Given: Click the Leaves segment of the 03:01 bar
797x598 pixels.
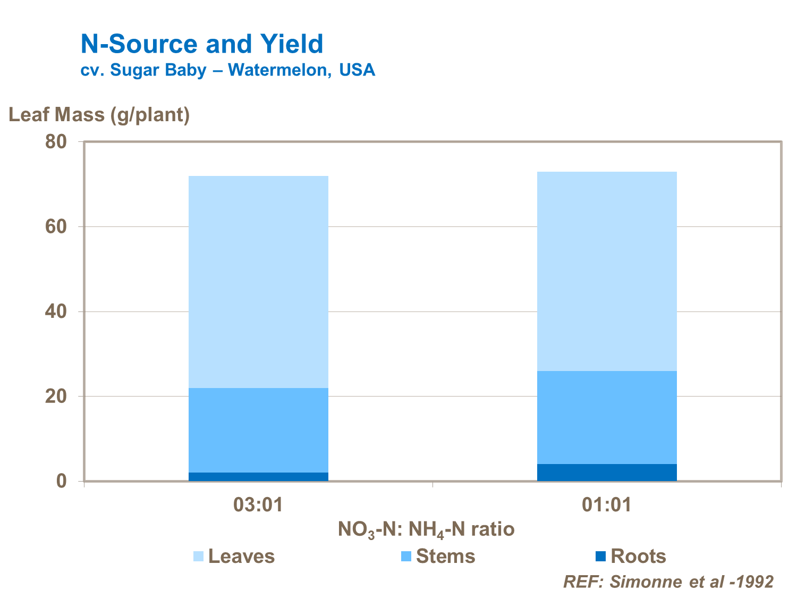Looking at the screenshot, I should tap(258, 282).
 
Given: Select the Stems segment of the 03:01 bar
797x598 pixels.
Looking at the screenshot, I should tap(258, 430).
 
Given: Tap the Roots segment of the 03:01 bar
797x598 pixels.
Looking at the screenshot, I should tap(258, 477).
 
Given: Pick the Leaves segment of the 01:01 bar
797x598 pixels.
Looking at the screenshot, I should tap(607, 271).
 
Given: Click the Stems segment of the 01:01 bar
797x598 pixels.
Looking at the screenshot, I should tap(607, 417).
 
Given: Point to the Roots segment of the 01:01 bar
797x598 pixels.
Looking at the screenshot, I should tap(607, 473).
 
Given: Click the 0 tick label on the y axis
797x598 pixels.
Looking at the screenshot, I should tap(62, 481).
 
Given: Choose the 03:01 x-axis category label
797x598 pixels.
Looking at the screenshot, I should tap(258, 504).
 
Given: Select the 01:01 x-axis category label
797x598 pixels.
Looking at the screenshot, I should tap(607, 504).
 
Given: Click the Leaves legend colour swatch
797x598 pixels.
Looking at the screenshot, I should tap(198, 557).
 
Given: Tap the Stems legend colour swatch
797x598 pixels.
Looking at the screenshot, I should tap(406, 557).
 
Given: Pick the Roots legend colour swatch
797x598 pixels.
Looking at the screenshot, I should tap(600, 557).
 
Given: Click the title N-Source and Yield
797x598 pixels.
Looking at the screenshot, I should tap(202, 44).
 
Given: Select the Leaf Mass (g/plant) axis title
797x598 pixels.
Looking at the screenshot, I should tap(99, 115).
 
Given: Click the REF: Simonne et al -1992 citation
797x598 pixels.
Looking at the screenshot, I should tap(668, 582).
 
